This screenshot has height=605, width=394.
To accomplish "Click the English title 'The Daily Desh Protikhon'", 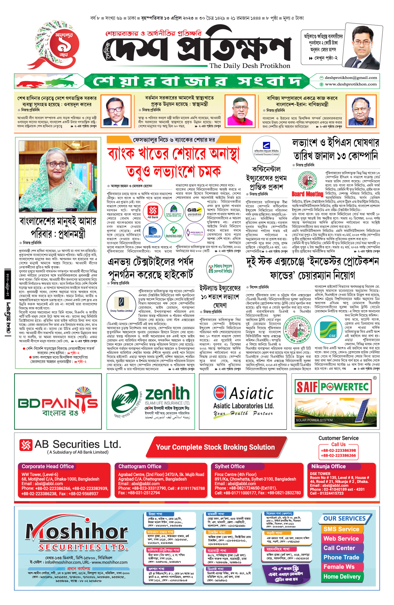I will [x=250, y=66].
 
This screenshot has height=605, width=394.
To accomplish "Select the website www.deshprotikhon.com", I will [x=351, y=84].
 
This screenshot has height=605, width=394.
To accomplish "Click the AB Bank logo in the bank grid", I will [x=153, y=212].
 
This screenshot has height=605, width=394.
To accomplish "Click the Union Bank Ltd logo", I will [x=195, y=232].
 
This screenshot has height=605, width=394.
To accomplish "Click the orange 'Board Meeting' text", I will [x=307, y=194].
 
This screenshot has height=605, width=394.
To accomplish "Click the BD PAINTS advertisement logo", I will [x=58, y=402].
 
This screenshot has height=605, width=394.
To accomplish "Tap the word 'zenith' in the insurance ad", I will [x=167, y=393].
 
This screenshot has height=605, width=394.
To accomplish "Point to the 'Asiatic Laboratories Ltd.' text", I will [x=243, y=406].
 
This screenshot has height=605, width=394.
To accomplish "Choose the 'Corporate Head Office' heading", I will [x=48, y=466].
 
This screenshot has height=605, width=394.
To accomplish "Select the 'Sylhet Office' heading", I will [x=230, y=466].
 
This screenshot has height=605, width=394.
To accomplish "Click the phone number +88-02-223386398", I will [x=338, y=451].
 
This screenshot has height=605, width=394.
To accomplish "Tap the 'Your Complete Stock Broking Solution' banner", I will [x=215, y=447].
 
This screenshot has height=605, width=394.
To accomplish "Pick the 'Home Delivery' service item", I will [x=342, y=576].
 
